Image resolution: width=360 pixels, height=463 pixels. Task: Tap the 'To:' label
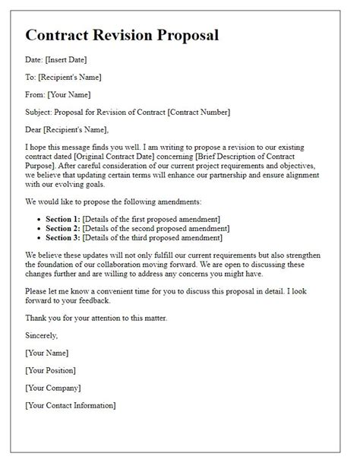[x=32, y=77]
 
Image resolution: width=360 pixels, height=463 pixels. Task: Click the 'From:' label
[x=36, y=94]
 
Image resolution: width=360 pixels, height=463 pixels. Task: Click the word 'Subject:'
[x=43, y=113]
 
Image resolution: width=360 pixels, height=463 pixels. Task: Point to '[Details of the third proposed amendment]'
[x=159, y=239]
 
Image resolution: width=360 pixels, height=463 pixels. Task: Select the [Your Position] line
[x=50, y=370]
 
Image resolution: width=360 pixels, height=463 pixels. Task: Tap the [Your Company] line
[x=52, y=388]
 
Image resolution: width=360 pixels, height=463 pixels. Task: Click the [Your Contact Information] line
[x=71, y=405]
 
